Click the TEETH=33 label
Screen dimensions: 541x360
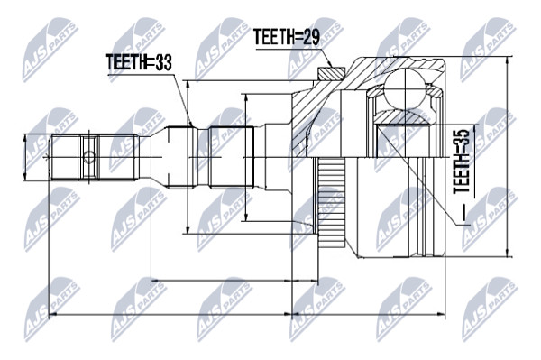point(139,62)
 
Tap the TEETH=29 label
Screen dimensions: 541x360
point(287,37)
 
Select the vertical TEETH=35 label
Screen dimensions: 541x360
point(462,161)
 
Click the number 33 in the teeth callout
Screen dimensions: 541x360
point(163,62)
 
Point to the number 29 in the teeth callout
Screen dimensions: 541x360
point(311,37)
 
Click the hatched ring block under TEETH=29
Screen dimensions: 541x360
point(331,73)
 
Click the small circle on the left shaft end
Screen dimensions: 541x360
point(88,157)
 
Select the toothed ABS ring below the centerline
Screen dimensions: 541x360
point(332,203)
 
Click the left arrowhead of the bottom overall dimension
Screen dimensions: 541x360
point(51,315)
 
